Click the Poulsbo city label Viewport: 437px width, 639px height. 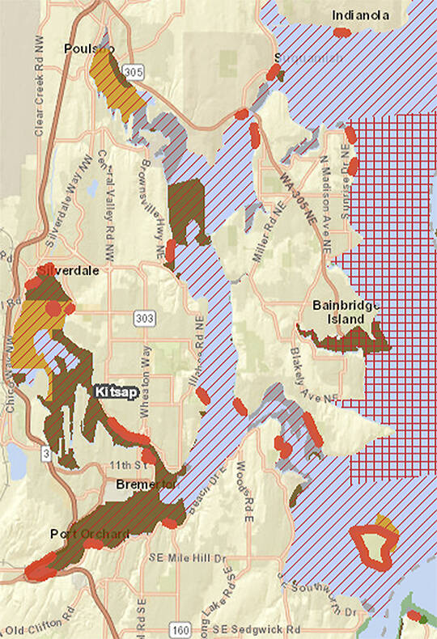click(89, 49)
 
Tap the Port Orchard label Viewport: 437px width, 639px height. click(78, 534)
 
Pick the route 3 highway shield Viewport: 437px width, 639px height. click(46, 456)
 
